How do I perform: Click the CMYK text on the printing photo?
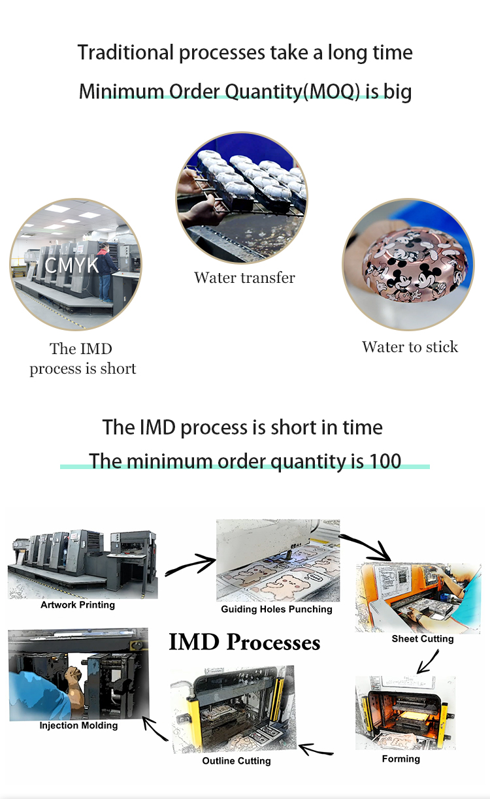[x=72, y=265]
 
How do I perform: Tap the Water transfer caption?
[x=244, y=278]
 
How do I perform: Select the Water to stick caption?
[x=410, y=347]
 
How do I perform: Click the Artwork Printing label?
[x=78, y=605]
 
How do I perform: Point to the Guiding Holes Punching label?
[x=276, y=610]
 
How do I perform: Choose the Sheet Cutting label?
[x=423, y=639]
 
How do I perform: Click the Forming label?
[x=401, y=758]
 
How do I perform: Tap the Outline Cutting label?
[x=237, y=761]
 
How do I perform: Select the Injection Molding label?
[x=78, y=725]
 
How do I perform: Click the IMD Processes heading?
[x=244, y=642]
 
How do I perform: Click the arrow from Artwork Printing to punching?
[x=190, y=564]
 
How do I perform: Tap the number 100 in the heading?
[x=385, y=461]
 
